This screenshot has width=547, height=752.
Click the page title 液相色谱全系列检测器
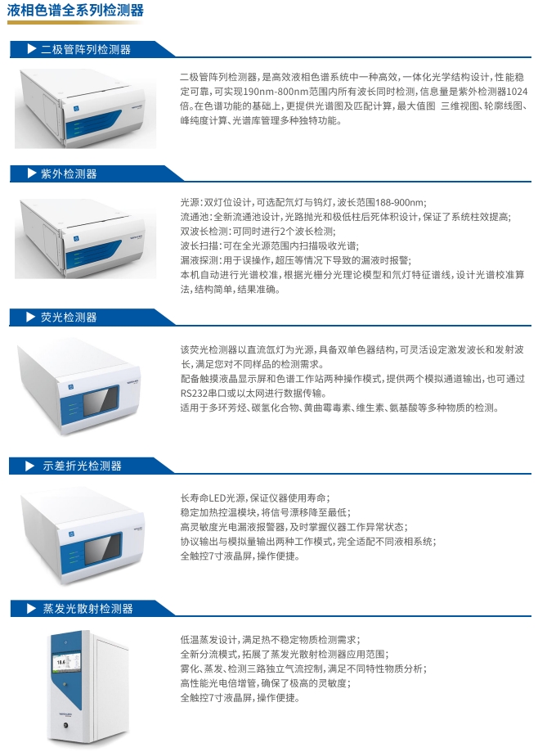click(75, 10)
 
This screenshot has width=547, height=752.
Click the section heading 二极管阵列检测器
click(86, 49)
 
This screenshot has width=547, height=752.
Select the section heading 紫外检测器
click(69, 173)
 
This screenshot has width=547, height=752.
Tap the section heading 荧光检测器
click(69, 317)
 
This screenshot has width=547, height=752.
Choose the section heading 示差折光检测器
click(82, 466)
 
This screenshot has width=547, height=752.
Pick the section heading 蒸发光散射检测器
click(87, 609)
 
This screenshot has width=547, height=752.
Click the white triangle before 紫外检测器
click(32, 173)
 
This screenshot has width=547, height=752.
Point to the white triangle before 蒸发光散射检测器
click(32, 609)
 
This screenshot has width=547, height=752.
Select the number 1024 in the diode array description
click(517, 92)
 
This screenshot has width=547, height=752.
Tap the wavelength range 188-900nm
click(401, 202)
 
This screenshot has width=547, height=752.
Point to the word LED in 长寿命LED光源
click(218, 498)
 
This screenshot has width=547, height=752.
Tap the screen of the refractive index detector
click(102, 548)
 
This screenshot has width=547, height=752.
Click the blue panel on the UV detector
click(92, 254)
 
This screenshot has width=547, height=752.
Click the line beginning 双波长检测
click(258, 231)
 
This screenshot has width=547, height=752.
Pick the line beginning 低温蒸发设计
click(271, 640)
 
